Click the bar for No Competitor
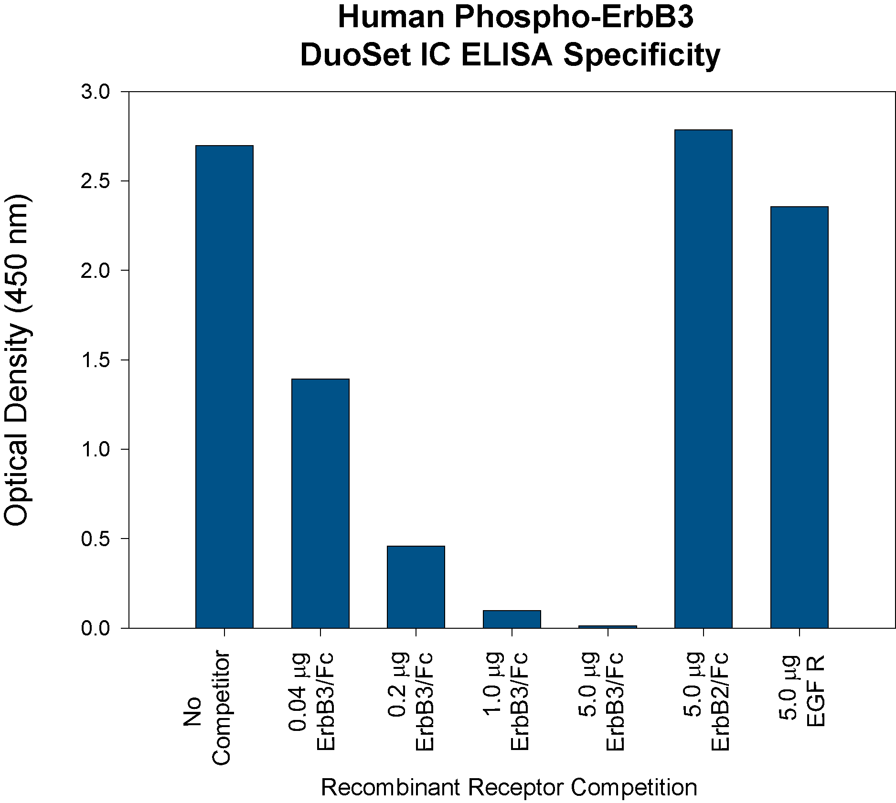point(224,387)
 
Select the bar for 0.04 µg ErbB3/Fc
point(320,503)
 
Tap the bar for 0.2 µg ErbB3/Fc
point(416,587)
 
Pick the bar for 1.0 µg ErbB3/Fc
point(512,619)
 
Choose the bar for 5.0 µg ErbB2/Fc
point(704,379)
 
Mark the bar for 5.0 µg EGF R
point(800,417)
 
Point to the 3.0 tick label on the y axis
point(96,92)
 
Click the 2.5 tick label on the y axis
point(96,181)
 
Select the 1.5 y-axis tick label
point(96,360)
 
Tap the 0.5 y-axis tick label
point(96,539)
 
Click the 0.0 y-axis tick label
point(96,628)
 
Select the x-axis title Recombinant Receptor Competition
point(509,787)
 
